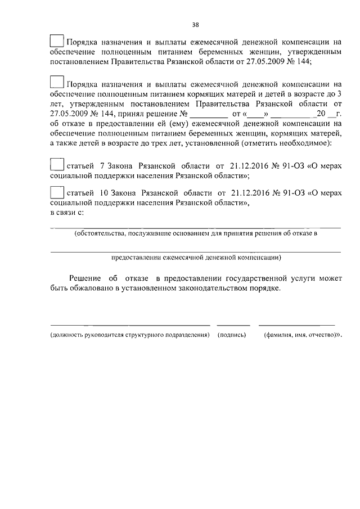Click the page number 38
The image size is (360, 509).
[195, 25]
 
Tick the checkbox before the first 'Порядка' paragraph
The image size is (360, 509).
[57, 40]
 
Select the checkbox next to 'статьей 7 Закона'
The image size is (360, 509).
[57, 165]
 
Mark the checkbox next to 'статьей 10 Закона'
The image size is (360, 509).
[57, 191]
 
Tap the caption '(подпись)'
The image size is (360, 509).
[232, 335]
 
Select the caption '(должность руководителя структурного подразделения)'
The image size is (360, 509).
[130, 335]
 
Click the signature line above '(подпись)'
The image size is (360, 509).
[233, 325]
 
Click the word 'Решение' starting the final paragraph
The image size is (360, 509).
[85, 278]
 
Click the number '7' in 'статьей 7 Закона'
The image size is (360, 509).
[101, 166]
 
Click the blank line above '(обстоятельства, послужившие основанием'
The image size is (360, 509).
[195, 228]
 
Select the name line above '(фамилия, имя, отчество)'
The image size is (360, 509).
[296, 325]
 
